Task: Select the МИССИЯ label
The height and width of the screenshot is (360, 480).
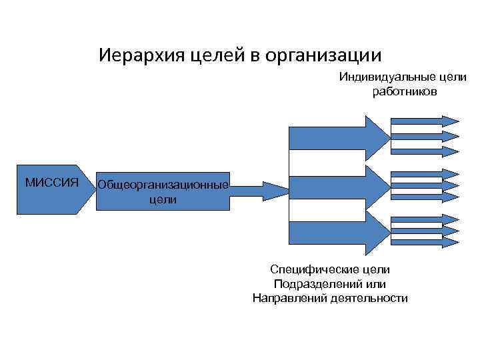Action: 51,182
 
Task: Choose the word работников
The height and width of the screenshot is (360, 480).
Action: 405,91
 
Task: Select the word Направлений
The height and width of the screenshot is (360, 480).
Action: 289,298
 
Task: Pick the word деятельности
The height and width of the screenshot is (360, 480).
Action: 369,298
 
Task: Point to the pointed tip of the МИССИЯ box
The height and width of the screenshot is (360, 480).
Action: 87,190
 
